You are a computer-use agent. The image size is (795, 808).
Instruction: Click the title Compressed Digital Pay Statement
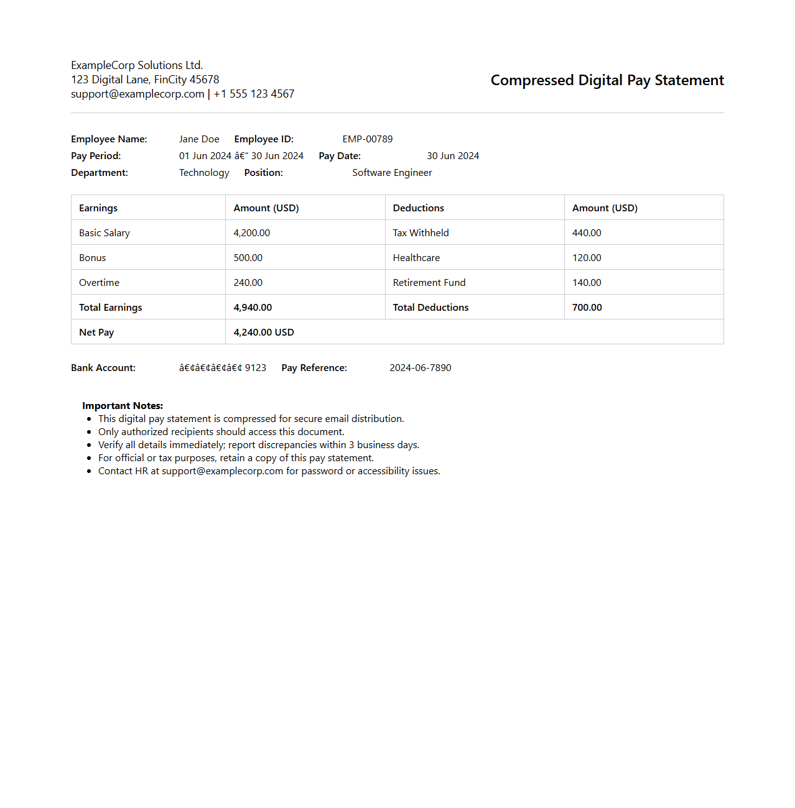click(607, 80)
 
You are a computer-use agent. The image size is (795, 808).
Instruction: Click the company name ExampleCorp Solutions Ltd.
click(137, 65)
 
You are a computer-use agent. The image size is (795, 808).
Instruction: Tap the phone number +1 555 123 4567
click(254, 94)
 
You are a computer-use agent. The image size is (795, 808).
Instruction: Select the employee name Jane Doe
click(199, 139)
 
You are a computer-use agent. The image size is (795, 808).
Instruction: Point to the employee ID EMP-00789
click(367, 139)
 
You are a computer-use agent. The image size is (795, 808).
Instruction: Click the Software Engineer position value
click(392, 173)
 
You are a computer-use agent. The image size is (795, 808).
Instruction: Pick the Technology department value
click(204, 173)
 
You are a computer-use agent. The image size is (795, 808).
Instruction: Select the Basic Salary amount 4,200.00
click(251, 233)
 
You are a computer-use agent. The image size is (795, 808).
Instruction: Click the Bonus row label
click(93, 258)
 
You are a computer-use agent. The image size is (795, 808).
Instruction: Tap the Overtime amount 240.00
click(248, 283)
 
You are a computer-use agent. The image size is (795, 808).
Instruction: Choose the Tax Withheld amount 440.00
click(587, 233)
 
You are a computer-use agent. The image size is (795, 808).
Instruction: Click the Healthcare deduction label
click(416, 258)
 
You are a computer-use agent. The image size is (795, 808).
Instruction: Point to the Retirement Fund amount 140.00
click(587, 283)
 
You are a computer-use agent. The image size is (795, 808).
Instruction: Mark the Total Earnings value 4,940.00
click(253, 308)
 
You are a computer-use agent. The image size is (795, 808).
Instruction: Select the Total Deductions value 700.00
click(587, 308)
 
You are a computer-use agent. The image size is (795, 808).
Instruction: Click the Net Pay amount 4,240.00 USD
click(264, 333)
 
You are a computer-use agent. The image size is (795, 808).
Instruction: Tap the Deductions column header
click(418, 208)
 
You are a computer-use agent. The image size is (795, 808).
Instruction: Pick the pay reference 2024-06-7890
click(420, 368)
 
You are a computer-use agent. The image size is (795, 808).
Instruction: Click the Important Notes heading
click(123, 406)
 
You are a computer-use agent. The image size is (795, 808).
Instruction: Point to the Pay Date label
click(340, 156)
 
